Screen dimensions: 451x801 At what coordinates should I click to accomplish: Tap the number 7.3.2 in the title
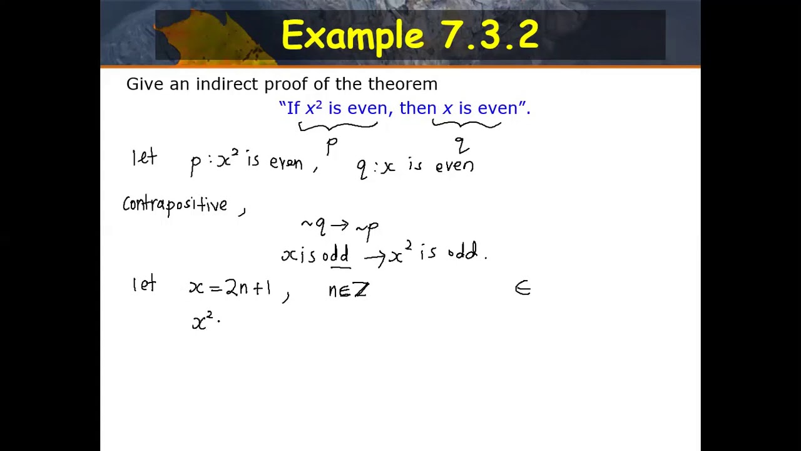490,35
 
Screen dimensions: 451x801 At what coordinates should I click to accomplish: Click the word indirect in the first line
227,84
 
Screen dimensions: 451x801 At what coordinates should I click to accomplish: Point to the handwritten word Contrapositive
175,205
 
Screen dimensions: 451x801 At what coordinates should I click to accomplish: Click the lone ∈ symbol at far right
523,288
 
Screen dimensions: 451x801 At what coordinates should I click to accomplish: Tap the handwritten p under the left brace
332,147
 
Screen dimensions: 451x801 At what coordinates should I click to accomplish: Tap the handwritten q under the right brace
462,146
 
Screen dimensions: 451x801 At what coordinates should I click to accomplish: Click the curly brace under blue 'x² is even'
338,126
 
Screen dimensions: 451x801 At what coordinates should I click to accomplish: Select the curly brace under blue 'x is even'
466,125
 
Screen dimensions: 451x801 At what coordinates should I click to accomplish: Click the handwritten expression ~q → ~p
339,227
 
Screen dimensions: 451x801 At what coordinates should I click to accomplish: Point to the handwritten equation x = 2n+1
230,288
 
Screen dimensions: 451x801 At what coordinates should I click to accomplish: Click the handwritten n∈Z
349,289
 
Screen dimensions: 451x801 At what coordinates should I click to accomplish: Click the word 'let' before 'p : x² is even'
144,157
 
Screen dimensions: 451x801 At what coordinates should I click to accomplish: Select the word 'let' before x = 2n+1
144,284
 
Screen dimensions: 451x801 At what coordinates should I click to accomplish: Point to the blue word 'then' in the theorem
417,108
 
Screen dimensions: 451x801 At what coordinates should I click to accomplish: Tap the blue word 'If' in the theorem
293,108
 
